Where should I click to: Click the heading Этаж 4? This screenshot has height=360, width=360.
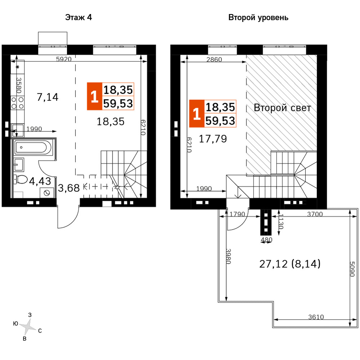[x=79, y=17]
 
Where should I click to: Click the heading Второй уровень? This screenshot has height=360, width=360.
[x=258, y=17]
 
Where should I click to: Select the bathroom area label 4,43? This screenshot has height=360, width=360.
[x=40, y=181]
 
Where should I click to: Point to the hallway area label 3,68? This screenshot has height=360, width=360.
[x=68, y=188]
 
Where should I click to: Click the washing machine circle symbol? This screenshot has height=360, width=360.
[x=46, y=193]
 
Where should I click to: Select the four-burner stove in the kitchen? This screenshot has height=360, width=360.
[x=18, y=103]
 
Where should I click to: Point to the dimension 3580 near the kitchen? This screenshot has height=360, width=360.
[x=19, y=86]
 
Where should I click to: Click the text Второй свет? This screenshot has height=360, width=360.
[x=282, y=108]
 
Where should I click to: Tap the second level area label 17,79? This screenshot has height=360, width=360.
[x=213, y=139]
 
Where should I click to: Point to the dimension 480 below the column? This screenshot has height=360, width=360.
[x=267, y=239]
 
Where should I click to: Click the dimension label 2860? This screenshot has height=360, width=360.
[x=214, y=60]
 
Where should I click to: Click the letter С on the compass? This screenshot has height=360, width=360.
[x=40, y=330]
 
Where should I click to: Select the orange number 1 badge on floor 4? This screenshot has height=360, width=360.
[x=94, y=96]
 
